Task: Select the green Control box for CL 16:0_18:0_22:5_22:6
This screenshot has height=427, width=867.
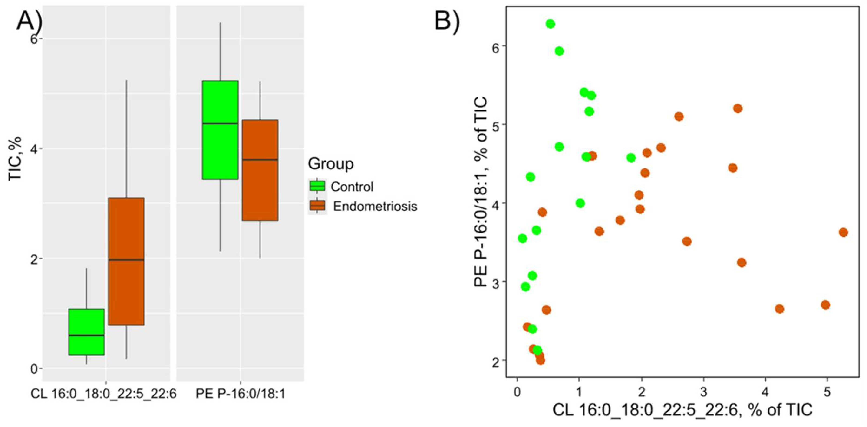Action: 86,332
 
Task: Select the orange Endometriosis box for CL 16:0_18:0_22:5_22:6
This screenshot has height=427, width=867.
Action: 126,261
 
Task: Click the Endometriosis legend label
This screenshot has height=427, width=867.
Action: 375,206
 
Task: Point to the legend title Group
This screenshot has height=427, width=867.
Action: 330,164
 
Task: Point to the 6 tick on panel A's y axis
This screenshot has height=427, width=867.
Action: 33,39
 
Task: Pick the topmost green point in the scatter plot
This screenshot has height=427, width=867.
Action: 550,24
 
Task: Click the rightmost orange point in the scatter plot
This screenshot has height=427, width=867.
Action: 843,232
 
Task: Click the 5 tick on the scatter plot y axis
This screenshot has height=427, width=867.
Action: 495,124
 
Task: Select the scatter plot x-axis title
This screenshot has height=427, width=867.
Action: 682,410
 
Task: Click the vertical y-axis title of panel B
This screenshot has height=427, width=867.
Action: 480,192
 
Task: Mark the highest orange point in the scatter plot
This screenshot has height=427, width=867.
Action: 738,109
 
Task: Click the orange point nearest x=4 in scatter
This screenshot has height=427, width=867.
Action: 779,309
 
